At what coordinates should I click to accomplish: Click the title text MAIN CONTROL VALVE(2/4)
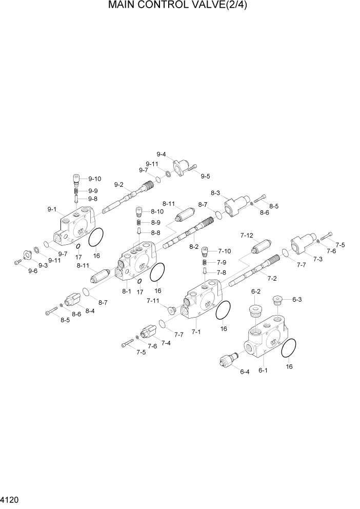point(179,6)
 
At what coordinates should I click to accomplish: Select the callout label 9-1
point(52,209)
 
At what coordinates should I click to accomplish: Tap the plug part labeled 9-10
point(76,179)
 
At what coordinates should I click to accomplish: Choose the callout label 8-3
point(216,193)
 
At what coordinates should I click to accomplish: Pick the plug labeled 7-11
point(171,309)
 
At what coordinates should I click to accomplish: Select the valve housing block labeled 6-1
point(267,342)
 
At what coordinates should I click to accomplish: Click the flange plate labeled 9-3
point(25,255)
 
